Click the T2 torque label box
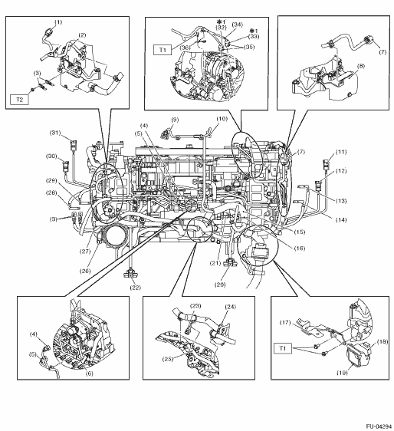pyautogui.click(x=19, y=100)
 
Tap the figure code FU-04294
pyautogui.click(x=379, y=426)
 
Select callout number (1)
pyautogui.click(x=58, y=22)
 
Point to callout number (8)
pyautogui.click(x=361, y=66)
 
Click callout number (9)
pyautogui.click(x=175, y=120)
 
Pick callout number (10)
pyautogui.click(x=222, y=119)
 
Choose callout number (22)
pyautogui.click(x=136, y=288)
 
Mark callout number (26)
pyautogui.click(x=85, y=271)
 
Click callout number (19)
pyautogui.click(x=343, y=373)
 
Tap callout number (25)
pyautogui.click(x=168, y=359)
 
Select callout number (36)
pyautogui.click(x=186, y=48)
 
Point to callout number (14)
pyautogui.click(x=341, y=219)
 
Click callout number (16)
pyautogui.click(x=300, y=248)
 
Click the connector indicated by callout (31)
pyautogui.click(x=74, y=146)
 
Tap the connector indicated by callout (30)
pyautogui.click(x=66, y=166)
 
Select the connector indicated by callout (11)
pyautogui.click(x=327, y=164)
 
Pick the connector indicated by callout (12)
pyautogui.click(x=319, y=186)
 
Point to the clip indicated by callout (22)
pyautogui.click(x=130, y=274)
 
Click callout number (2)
pyautogui.click(x=82, y=35)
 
